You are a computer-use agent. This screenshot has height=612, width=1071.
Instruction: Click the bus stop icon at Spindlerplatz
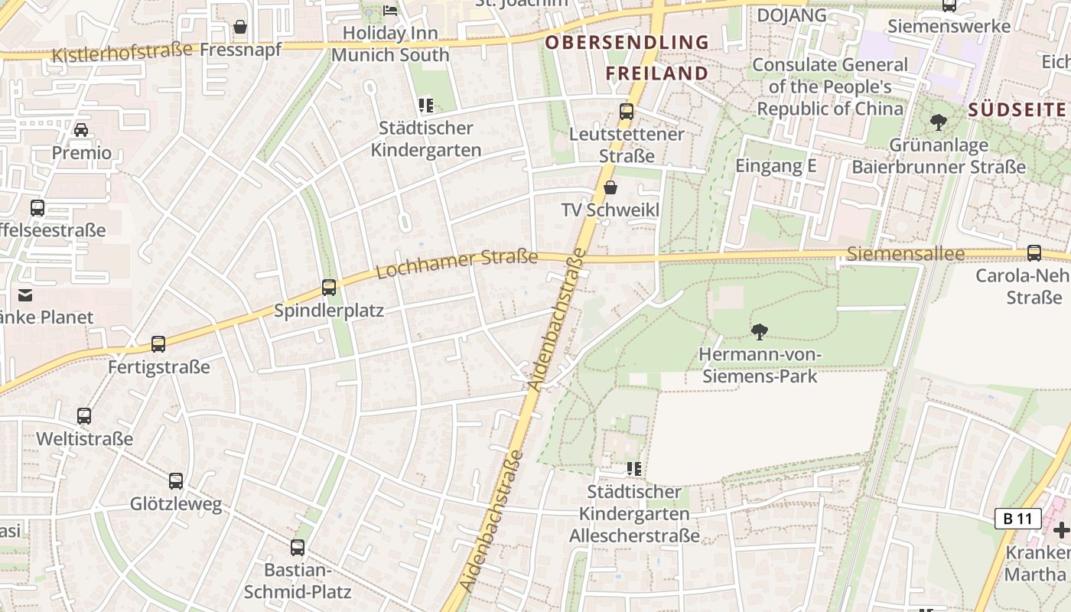tap(329, 288)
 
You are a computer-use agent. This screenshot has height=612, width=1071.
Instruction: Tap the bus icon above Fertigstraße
tap(158, 344)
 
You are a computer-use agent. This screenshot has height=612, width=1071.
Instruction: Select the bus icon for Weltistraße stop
tap(84, 416)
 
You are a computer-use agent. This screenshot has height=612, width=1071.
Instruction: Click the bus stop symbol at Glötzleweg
tap(176, 481)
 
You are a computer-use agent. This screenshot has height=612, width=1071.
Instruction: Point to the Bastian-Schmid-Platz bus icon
tap(298, 548)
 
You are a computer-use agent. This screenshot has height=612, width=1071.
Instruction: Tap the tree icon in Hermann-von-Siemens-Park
tap(760, 331)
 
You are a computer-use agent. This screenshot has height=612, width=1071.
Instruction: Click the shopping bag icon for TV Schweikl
tap(610, 187)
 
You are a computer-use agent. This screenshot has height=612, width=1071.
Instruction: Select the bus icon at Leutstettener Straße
tap(627, 112)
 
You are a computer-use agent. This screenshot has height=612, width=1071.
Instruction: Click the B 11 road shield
tap(1018, 519)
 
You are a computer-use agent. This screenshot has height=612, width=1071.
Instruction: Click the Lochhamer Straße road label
tap(457, 264)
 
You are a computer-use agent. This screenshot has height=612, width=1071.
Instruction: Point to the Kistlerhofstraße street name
tap(122, 52)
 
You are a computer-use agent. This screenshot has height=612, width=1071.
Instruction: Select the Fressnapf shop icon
tap(240, 28)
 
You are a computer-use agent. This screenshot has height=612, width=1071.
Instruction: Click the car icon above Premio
tap(81, 130)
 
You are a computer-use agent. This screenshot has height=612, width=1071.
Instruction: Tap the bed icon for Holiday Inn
tap(390, 11)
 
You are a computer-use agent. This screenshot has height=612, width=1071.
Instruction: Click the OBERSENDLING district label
tap(627, 42)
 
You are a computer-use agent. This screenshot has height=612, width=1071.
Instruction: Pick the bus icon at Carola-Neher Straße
tap(1034, 253)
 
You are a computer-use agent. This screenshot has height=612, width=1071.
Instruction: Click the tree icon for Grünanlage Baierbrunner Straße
tap(938, 122)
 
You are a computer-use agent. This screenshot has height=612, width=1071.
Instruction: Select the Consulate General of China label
tap(830, 86)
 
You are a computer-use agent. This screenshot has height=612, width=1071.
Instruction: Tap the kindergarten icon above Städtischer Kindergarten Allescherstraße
tap(633, 469)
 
